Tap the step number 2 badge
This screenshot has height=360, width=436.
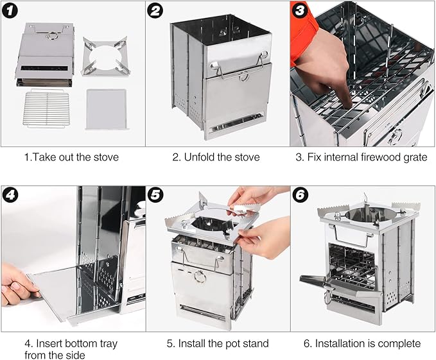pos(155,11)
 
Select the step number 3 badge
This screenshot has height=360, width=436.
pos(300,11)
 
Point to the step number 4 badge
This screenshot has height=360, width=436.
pos(10,195)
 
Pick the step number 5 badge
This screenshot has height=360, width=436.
pos(155,195)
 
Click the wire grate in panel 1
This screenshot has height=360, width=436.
pos(47,108)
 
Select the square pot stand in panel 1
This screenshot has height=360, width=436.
pos(105,57)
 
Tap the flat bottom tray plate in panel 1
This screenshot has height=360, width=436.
pos(107,109)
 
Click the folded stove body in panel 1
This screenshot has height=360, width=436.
pos(46,55)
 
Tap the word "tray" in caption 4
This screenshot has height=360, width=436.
pos(109,344)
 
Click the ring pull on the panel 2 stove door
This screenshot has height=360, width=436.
pos(243,76)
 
